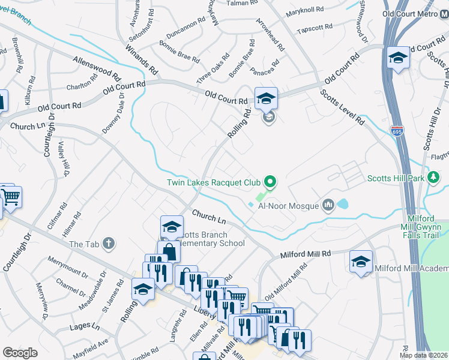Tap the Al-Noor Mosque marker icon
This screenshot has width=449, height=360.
[x=328, y=206]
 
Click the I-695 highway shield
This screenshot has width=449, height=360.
[x=397, y=130]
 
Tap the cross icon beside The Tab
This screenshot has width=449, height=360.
[x=108, y=243]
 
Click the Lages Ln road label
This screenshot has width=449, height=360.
[x=84, y=326]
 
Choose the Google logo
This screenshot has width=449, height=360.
[x=20, y=353]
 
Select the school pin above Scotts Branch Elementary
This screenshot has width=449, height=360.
[x=172, y=227]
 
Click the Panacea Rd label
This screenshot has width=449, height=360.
[x=265, y=67]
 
